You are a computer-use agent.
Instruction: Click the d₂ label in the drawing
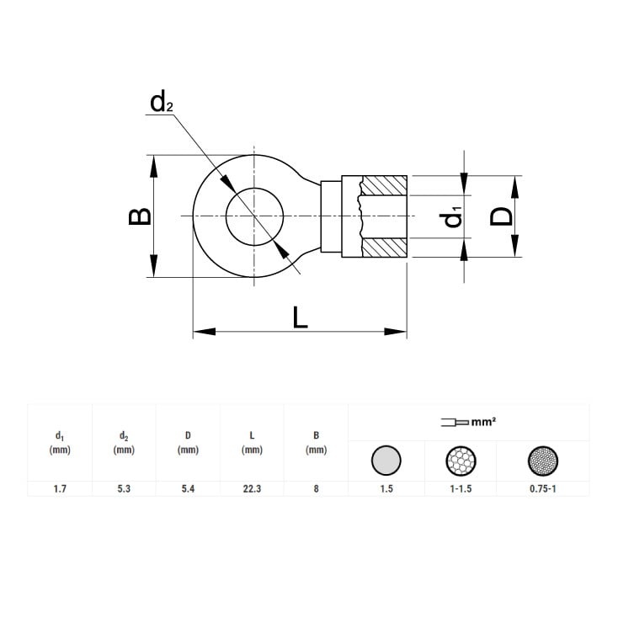(x=162, y=102)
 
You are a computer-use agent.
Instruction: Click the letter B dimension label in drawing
(x=140, y=216)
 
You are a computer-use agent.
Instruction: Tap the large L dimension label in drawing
(x=300, y=317)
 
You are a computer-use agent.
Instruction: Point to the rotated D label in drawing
(x=501, y=216)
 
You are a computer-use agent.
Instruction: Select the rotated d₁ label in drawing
(x=451, y=220)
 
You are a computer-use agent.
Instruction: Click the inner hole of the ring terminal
(x=254, y=216)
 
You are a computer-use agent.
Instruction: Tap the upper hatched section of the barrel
(x=384, y=185)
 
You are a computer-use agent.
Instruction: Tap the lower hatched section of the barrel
(x=384, y=248)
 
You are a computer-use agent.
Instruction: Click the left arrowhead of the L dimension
(x=204, y=332)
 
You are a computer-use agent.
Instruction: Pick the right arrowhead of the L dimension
(x=396, y=332)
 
